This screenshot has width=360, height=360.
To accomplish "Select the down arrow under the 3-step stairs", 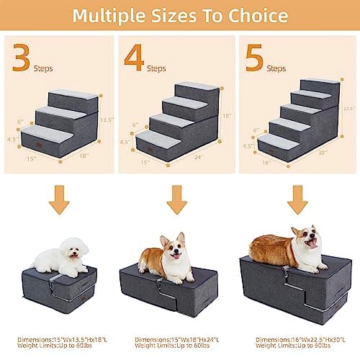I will pos(59,200).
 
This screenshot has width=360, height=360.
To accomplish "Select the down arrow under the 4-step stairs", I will pos(176,200).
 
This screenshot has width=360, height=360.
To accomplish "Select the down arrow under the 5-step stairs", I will pos(297,200).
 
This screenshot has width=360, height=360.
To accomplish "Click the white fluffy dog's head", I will pos(74,249).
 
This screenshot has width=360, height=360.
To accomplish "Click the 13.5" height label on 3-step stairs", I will pos(107,120).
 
